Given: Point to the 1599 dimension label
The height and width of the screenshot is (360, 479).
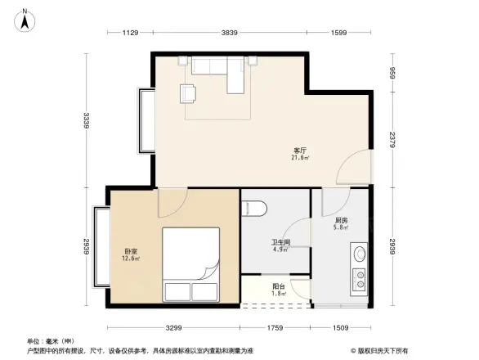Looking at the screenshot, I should (339, 33).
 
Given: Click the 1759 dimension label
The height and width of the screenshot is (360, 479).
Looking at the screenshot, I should (275, 328).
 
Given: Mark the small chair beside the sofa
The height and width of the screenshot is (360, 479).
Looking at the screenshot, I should (189, 93).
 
